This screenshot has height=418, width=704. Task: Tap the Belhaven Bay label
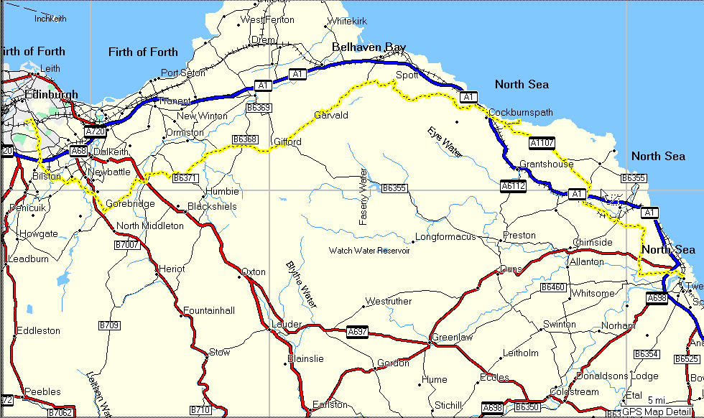tap(369, 47)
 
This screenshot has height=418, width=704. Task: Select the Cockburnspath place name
tap(520, 113)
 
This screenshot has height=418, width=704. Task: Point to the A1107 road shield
tap(542, 143)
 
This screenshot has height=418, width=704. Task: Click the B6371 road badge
tap(185, 177)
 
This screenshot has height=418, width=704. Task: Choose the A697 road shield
tap(357, 332)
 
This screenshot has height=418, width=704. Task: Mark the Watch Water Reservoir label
tap(369, 251)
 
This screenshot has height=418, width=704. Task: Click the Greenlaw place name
tap(451, 338)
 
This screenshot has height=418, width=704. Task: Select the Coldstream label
tap(573, 392)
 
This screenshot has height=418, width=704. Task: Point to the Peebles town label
tap(42, 392)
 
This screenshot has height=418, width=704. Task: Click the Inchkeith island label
tap(50, 19)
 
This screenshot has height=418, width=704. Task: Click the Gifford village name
tap(288, 142)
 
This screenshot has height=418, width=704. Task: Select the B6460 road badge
tap(553, 287)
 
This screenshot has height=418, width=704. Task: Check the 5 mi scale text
tap(655, 400)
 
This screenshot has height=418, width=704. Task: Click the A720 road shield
tap(95, 132)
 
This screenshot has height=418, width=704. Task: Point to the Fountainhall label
tap(208, 310)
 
